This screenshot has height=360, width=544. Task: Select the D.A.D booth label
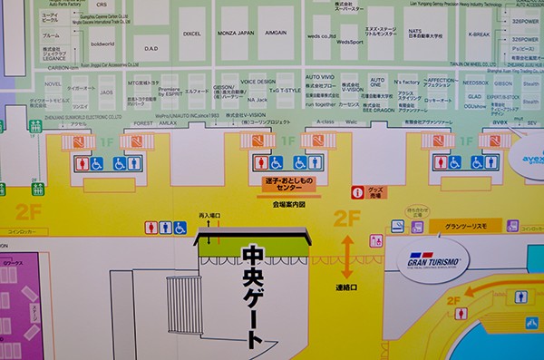click(151, 49)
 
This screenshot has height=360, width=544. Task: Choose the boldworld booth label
click(102, 43)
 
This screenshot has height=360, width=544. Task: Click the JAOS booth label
click(106, 92)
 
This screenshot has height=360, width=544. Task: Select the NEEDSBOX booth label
click(475, 81)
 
